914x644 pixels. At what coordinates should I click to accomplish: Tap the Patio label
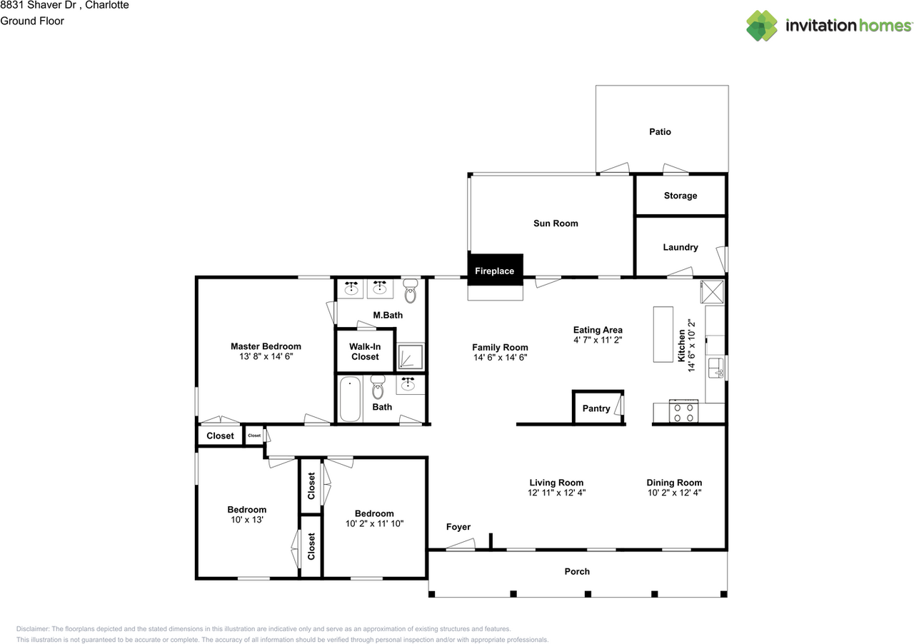[660, 132]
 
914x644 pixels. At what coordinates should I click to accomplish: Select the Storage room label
[680, 196]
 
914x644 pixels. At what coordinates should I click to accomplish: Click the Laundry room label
[680, 248]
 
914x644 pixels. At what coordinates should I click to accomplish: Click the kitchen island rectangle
[663, 334]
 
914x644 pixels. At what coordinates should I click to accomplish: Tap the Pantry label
[596, 409]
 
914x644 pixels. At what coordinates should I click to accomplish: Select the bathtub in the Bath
[350, 398]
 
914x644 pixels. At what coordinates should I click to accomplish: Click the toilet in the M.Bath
[410, 291]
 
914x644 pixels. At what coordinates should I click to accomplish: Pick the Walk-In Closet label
[364, 351]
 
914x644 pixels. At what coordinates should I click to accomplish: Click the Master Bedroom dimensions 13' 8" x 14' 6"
[266, 357]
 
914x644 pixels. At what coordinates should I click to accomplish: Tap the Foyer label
[458, 528]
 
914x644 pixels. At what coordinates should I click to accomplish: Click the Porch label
[577, 571]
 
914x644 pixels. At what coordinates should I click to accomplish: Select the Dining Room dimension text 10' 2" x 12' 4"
[674, 493]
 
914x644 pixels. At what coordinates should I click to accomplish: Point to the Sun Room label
[556, 223]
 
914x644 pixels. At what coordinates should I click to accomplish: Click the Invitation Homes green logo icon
[762, 26]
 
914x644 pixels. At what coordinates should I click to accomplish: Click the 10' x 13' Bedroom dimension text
[246, 520]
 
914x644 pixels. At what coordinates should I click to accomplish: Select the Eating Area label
[598, 330]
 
